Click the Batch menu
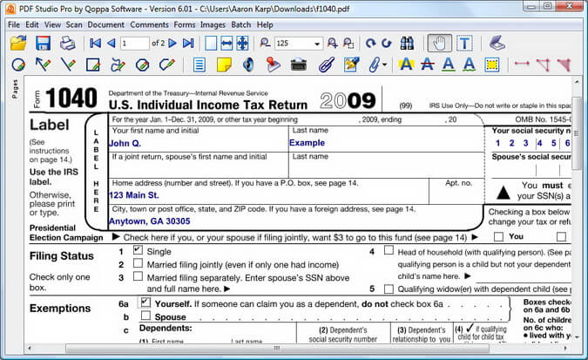(x=241, y=24)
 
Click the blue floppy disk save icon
(x=43, y=44)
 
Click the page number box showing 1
(x=135, y=44)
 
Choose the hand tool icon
(x=439, y=44)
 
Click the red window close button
(x=570, y=6)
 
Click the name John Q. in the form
(x=125, y=143)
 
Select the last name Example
(x=307, y=143)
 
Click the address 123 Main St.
(x=134, y=195)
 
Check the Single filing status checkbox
(x=138, y=251)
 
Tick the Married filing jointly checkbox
(x=138, y=264)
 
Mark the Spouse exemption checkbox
(x=145, y=317)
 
